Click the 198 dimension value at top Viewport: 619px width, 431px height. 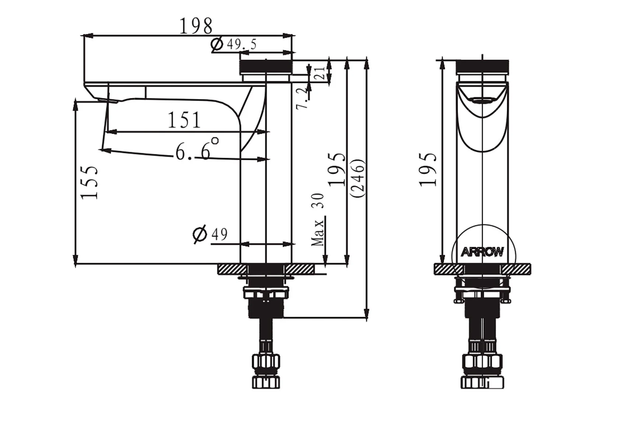click(x=196, y=26)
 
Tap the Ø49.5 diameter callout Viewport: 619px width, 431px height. click(x=234, y=45)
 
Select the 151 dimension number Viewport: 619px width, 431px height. click(x=184, y=120)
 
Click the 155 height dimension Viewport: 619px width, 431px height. click(x=90, y=182)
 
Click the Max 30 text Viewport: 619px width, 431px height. click(x=318, y=220)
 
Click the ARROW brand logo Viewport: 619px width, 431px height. click(x=482, y=252)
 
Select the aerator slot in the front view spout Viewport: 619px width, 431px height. click(x=483, y=100)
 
